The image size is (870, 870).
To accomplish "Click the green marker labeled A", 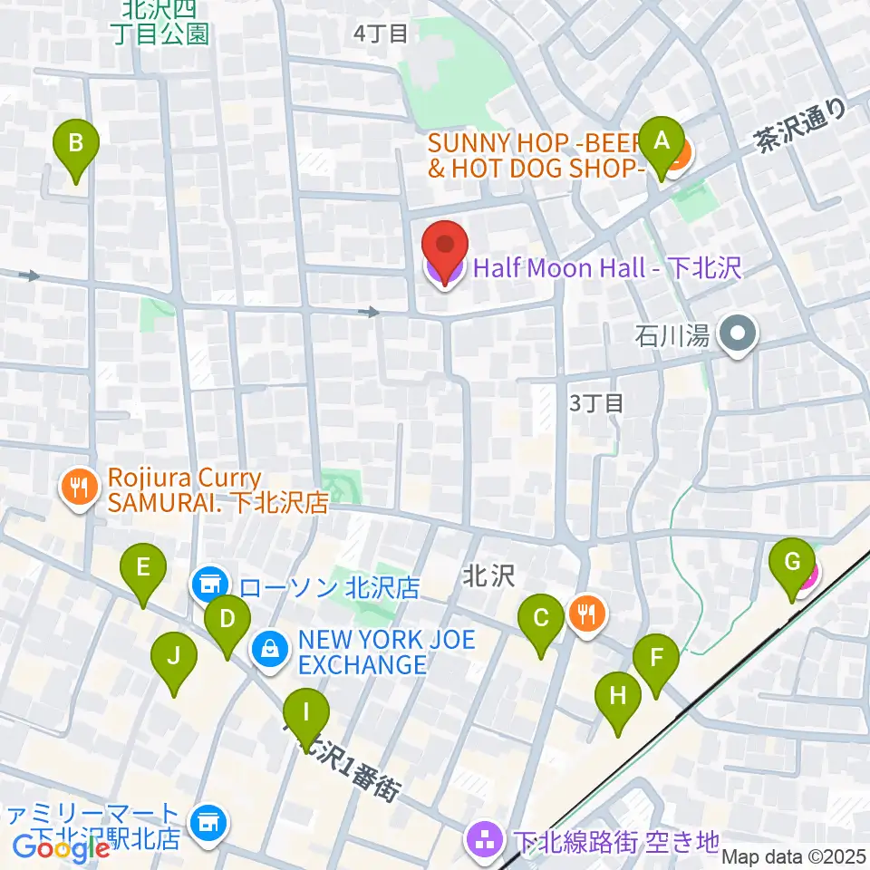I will [662, 142].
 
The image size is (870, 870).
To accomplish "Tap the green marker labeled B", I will [76, 143].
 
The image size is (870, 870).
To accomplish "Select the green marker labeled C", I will [541, 620].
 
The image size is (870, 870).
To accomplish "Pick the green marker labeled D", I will [227, 620].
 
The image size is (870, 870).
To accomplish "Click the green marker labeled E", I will [143, 568].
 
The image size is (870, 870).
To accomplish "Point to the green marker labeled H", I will [618, 697].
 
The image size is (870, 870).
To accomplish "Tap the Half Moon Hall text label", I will [607, 268].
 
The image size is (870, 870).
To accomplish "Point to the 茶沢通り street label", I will [801, 125].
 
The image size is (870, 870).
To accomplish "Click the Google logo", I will [61, 848].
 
